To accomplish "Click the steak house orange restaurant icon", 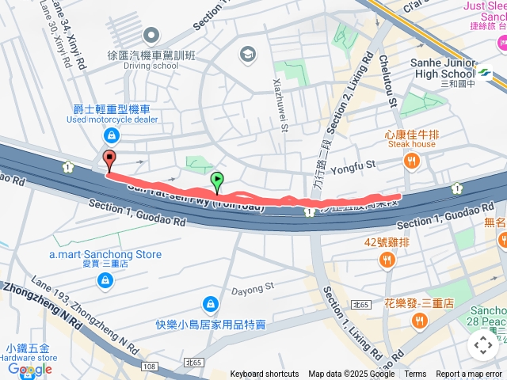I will (x=411, y=162).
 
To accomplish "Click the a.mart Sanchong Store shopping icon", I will (x=105, y=279).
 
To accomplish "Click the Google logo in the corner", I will (x=30, y=369).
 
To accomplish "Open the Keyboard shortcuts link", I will (x=265, y=374).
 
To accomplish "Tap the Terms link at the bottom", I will (x=415, y=374).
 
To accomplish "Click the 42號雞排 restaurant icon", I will (x=387, y=260).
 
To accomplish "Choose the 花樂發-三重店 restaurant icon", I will (x=419, y=320).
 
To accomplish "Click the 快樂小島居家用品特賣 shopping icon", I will (x=210, y=303).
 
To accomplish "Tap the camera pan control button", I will (x=482, y=345).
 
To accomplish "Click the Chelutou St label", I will (x=389, y=78).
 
